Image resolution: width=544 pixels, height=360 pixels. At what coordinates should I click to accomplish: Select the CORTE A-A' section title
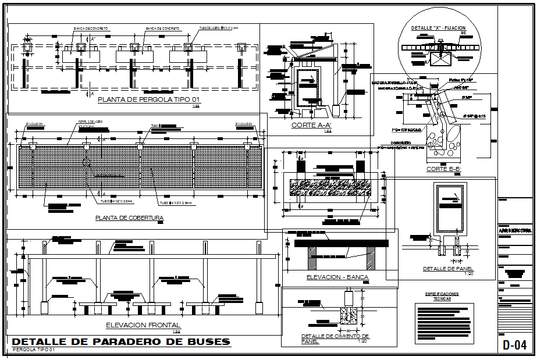pyautogui.click(x=311, y=125)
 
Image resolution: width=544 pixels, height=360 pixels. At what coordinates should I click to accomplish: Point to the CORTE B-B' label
pyautogui.click(x=445, y=169)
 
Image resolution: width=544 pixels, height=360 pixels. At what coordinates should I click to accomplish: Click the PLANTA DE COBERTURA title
pyautogui.click(x=129, y=218)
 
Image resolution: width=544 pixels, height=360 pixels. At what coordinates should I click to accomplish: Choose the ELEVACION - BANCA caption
pyautogui.click(x=337, y=277)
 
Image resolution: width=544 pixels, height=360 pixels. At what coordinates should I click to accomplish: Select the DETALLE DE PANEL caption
pyautogui.click(x=448, y=269)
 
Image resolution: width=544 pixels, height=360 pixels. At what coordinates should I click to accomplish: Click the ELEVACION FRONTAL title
pyautogui.click(x=143, y=325)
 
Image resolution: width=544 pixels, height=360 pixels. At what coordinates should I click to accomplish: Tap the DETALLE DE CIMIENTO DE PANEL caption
pyautogui.click(x=335, y=338)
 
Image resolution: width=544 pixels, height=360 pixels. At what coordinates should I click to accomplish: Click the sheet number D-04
pyautogui.click(x=515, y=345)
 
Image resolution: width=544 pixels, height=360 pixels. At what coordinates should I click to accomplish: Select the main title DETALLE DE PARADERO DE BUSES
pyautogui.click(x=121, y=341)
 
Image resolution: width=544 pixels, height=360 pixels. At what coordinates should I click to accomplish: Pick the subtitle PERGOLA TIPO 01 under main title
pyautogui.click(x=33, y=350)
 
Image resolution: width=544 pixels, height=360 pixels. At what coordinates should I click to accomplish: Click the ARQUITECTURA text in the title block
pyautogui.click(x=515, y=231)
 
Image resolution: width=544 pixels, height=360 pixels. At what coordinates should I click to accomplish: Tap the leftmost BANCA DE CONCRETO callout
pyautogui.click(x=90, y=28)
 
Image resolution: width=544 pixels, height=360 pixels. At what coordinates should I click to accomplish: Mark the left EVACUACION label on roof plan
pyautogui.click(x=34, y=124)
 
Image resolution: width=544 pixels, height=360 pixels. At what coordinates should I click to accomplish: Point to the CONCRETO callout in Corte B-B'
pyautogui.click(x=386, y=142)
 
